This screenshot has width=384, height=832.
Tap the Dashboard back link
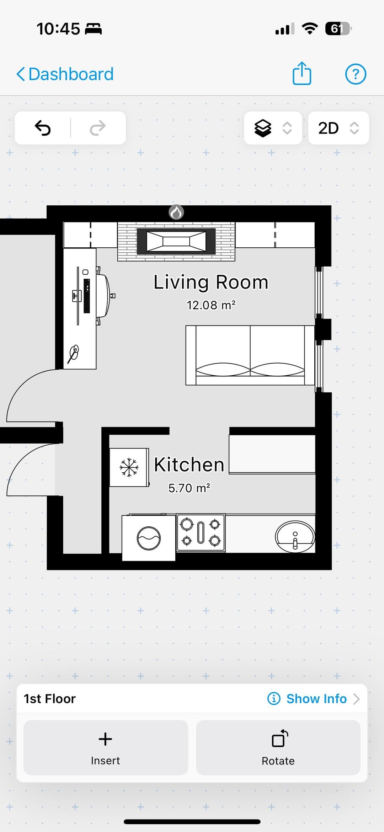65,74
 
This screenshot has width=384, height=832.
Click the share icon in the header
302,73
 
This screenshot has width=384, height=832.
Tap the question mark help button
356,74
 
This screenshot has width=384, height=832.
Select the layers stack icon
263,128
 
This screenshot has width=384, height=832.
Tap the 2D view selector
338,128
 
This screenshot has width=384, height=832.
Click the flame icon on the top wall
176,212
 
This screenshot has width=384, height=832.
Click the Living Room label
211,282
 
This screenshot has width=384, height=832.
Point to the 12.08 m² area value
211,305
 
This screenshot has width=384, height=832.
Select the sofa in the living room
250,355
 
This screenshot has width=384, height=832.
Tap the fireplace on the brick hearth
176,241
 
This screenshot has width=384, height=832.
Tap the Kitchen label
189,465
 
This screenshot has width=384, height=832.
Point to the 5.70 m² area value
189,488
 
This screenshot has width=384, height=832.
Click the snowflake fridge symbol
129,467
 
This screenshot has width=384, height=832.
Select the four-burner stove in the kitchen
201,532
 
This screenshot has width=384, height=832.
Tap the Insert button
106,747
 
